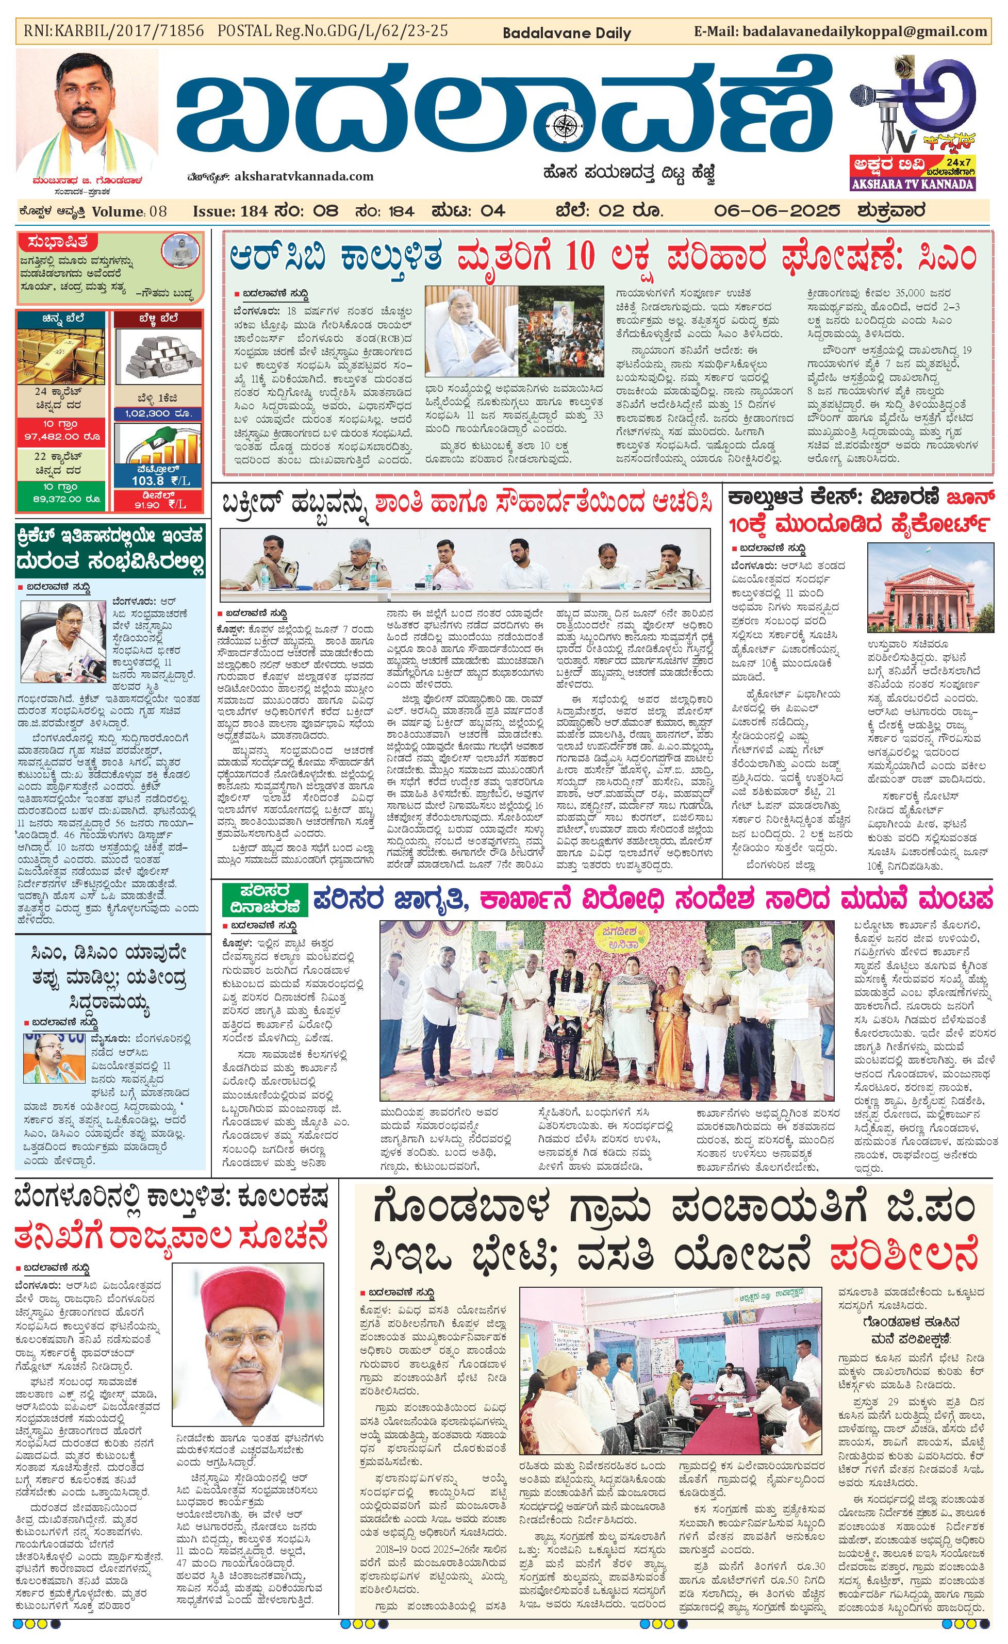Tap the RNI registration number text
pos(114,31)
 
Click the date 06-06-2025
pos(776,211)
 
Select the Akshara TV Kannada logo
pos(913,123)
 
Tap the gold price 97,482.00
pos(61,436)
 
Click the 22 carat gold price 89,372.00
pos(61,499)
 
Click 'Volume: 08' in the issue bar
pos(129,211)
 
